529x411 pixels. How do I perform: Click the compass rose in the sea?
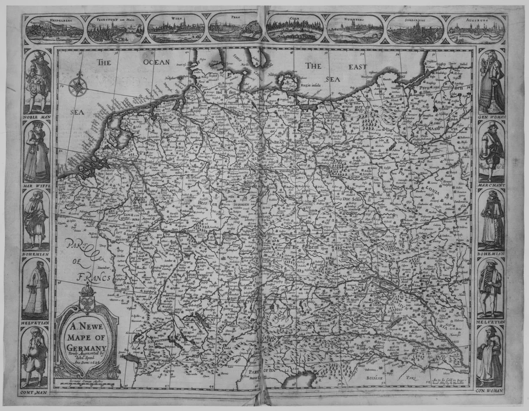78,86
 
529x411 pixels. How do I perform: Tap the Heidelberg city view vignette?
54,29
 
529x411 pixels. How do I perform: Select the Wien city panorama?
176,29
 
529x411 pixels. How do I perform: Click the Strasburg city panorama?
416,30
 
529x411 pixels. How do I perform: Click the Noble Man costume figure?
37,82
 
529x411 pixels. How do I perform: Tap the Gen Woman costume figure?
492,82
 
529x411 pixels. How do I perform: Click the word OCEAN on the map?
156,62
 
